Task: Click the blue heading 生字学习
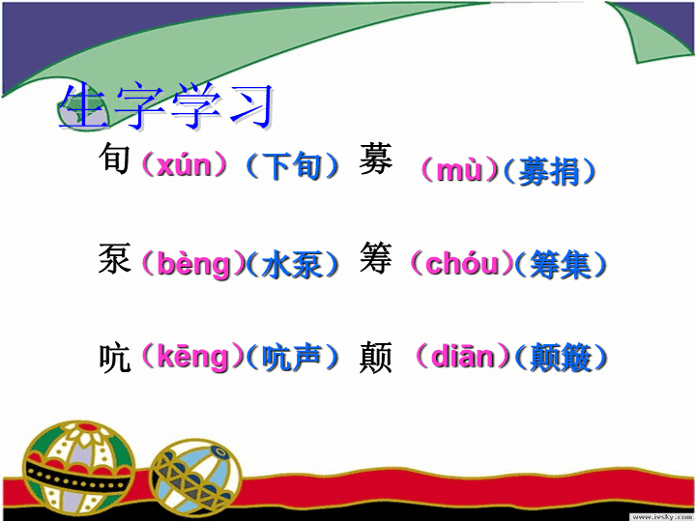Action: tap(166, 105)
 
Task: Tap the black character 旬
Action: tap(114, 158)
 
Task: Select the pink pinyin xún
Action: tap(185, 165)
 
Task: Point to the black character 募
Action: tap(375, 159)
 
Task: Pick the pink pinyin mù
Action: tap(459, 170)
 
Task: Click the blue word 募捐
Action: tap(549, 171)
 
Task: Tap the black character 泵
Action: tap(114, 258)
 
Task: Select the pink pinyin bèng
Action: tap(194, 265)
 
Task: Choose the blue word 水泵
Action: tap(291, 265)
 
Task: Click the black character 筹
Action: tap(375, 257)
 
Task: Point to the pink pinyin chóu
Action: tap(462, 263)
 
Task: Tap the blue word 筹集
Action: tap(561, 265)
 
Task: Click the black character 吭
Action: tap(114, 358)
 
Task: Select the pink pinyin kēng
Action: tap(193, 357)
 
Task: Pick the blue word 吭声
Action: tap(291, 357)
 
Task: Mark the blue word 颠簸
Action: tap(561, 357)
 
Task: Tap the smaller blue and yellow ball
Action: tap(195, 478)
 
